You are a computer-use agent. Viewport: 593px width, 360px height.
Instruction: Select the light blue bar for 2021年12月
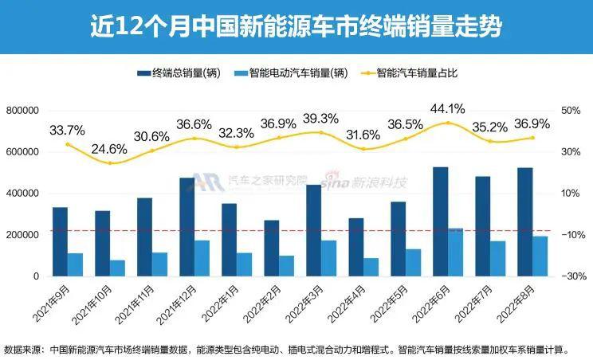[x=202, y=258]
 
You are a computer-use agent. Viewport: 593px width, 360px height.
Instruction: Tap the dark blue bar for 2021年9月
[x=60, y=241]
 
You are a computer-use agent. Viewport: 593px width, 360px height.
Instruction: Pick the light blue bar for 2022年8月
[x=540, y=256]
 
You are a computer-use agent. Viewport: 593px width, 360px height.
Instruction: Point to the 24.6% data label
[x=110, y=148]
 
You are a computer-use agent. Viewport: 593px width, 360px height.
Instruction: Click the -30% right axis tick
[x=571, y=276]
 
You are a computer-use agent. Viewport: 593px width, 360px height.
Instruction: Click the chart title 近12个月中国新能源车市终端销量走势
[x=296, y=28]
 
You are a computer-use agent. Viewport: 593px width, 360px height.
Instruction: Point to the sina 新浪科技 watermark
[x=366, y=182]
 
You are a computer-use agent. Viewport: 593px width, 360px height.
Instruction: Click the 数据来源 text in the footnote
[x=24, y=348]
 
